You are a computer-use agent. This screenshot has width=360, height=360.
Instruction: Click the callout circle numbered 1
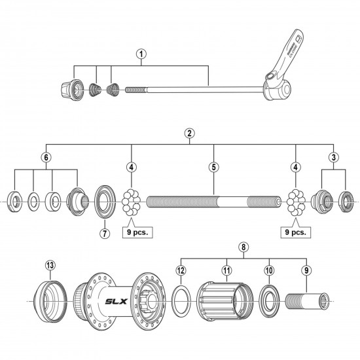(x=141, y=54)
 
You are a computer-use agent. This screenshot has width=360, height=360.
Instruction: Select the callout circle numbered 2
(x=189, y=133)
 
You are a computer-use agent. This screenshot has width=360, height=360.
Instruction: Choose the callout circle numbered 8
(x=243, y=249)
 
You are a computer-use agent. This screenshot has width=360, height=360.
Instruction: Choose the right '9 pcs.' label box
(x=297, y=230)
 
